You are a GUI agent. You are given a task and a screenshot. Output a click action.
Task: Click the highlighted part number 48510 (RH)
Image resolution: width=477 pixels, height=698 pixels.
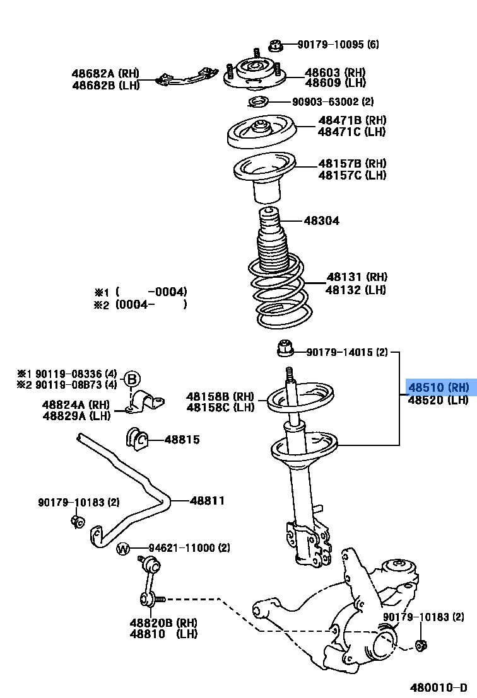439,387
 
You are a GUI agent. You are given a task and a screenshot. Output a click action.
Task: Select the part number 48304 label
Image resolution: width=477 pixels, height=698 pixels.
321,220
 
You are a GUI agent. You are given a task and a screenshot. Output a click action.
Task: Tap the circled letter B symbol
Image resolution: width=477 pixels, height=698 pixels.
131,379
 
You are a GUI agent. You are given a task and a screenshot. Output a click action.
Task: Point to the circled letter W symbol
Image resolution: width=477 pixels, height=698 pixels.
123,549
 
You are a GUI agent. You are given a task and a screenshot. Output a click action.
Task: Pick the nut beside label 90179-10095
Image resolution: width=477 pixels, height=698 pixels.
274,45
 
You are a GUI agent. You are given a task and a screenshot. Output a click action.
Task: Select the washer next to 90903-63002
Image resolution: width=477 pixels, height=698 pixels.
257,102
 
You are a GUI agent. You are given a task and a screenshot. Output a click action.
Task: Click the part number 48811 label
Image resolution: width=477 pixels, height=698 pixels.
207,501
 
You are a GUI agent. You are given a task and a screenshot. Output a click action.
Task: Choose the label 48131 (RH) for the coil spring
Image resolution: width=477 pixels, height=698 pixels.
356,277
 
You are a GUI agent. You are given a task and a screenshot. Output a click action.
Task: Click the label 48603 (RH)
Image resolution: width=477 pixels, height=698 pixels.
335,72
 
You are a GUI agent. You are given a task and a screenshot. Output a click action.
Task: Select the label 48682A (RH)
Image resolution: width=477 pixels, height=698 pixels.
105,74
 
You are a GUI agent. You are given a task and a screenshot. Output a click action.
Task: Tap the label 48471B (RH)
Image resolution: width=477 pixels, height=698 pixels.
352,120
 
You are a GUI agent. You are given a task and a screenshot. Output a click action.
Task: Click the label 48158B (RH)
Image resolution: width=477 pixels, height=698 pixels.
220,396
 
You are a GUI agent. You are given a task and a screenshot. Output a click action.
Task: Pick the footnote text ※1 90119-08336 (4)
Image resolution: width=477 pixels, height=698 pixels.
67,373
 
